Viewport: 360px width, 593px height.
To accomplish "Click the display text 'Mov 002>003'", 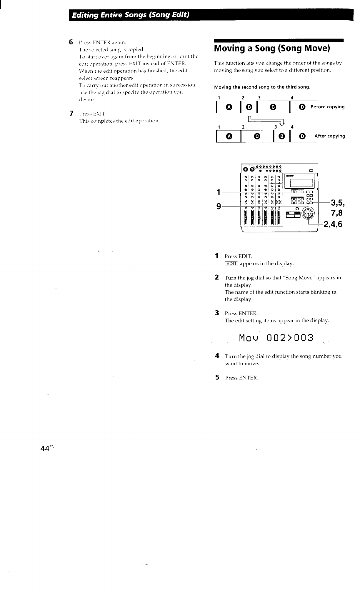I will coord(276,338).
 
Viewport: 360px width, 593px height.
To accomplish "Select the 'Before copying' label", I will coord(327,107).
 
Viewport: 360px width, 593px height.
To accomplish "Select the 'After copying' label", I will coord(329,136).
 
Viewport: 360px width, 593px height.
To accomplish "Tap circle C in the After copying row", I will coord(257,136).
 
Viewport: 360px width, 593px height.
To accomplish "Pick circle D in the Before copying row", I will coord(302,107).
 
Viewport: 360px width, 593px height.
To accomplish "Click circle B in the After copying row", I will coord(281,136).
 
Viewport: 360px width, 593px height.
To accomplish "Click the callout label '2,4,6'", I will coord(333,224).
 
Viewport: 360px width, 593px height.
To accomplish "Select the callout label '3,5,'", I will coord(337,203).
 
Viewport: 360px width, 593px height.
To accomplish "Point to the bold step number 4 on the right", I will coord(217,356).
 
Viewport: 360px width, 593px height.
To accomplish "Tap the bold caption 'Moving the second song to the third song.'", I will coord(262,87).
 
